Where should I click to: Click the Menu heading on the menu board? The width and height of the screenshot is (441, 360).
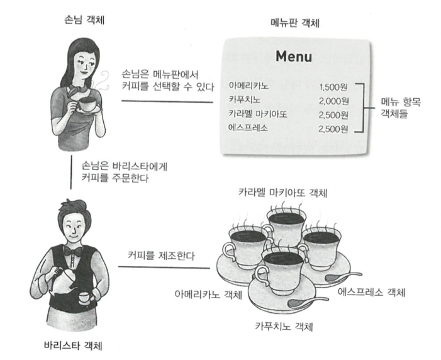pos(294,57)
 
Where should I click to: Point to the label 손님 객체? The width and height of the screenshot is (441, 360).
pos(85,21)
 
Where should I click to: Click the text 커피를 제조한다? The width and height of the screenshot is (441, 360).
pos(157,256)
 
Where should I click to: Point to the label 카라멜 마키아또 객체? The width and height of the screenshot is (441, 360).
pos(283,191)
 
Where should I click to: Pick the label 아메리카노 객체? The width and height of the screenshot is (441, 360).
pos(208,294)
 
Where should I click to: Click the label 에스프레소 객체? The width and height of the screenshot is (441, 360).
pos(372,293)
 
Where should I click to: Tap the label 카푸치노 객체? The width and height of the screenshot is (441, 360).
pos(283,327)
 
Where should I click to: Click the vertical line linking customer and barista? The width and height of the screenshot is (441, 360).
pos(72,174)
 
